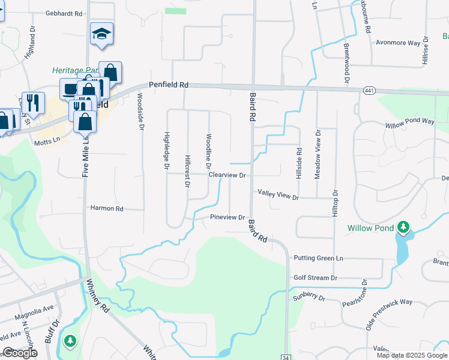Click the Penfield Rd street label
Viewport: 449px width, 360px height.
click(x=169, y=85)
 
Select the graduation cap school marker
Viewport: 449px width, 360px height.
click(x=102, y=35)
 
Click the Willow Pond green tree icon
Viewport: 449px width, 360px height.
click(x=405, y=227)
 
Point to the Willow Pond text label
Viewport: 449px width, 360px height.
click(x=370, y=228)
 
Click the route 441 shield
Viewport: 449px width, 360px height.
click(x=369, y=91)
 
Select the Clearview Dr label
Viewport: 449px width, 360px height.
click(x=228, y=175)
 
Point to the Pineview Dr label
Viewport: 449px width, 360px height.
click(x=228, y=217)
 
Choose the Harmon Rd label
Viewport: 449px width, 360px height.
click(x=107, y=209)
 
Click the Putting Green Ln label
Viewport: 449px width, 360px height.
click(x=318, y=258)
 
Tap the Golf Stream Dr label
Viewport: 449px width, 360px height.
click(x=316, y=278)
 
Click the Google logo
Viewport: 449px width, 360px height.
click(x=20, y=353)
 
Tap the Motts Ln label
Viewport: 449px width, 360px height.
click(x=48, y=141)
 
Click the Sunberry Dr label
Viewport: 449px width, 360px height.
click(x=309, y=297)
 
